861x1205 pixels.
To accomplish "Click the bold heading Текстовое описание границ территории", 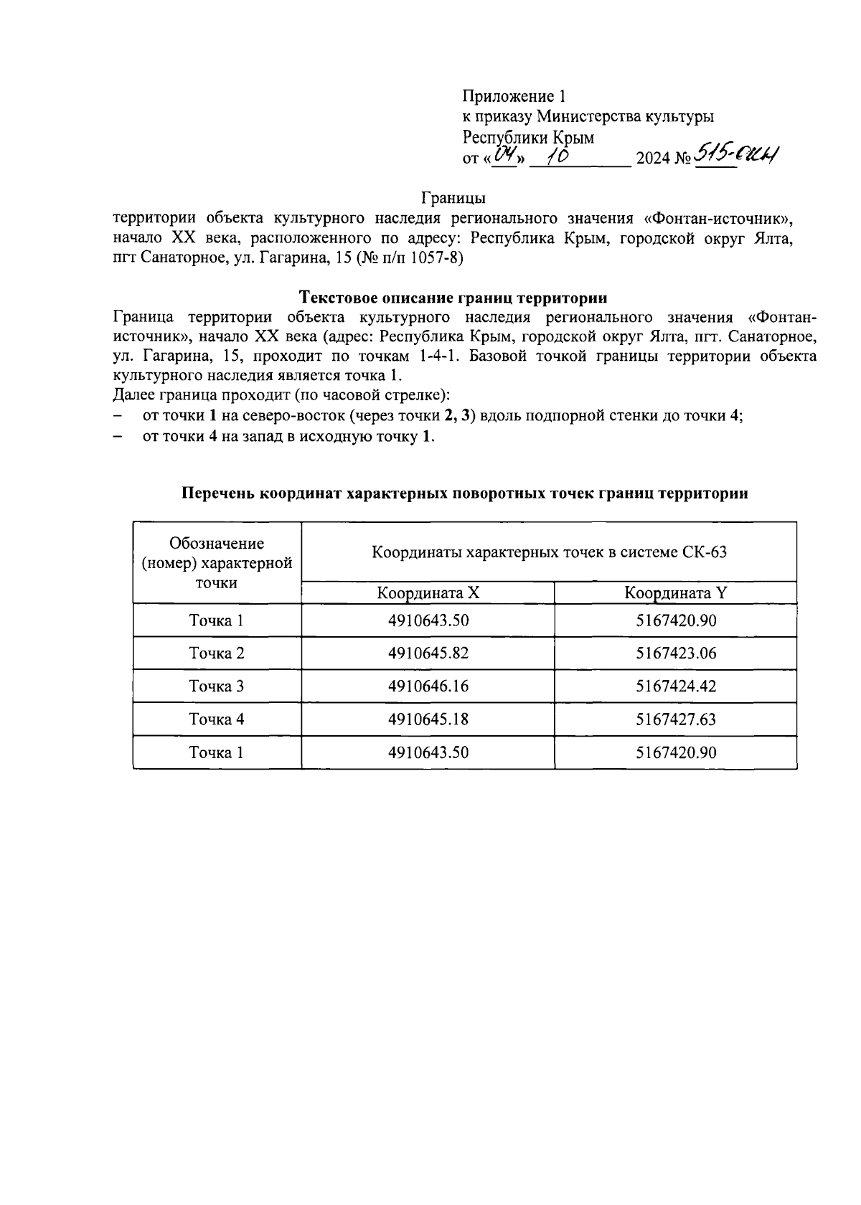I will [x=453, y=297].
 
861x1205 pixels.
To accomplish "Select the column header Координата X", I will [x=428, y=593].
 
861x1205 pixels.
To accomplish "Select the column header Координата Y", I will [x=675, y=593].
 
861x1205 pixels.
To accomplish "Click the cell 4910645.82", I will [x=428, y=653].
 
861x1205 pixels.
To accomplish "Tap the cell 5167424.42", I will [x=675, y=686].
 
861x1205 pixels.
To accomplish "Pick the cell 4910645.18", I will [x=428, y=719].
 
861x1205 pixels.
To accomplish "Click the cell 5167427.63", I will [x=675, y=719].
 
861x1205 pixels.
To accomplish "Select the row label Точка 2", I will [x=217, y=653].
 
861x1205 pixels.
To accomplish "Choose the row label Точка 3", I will [x=217, y=686].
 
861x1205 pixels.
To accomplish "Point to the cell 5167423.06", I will [x=675, y=653].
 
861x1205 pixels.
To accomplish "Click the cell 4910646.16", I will [x=428, y=686].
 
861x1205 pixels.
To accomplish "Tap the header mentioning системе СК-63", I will [x=549, y=552].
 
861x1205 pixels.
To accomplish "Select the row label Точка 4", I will [x=217, y=719].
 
